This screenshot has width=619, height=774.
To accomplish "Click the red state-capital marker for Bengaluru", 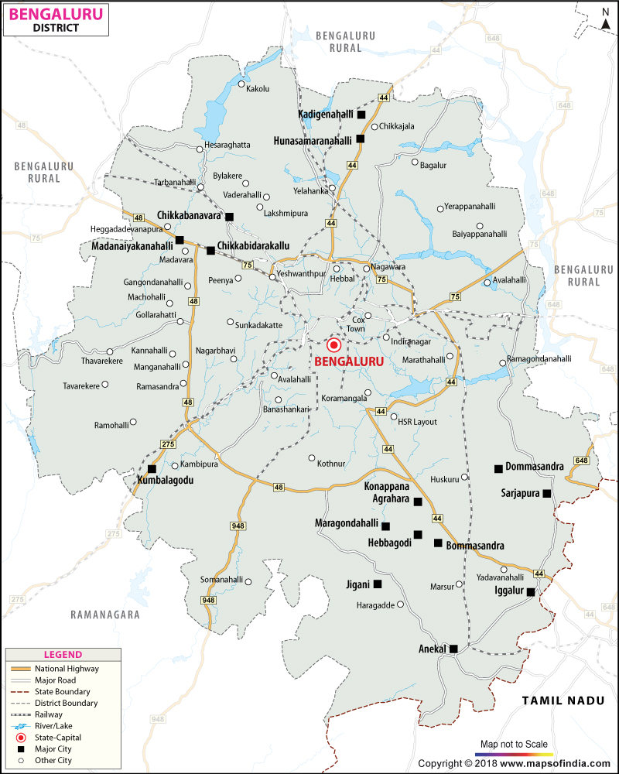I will pos(334,346).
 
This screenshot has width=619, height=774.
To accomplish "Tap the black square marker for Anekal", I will pos(454,649).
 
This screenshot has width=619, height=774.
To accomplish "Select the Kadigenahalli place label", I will pos(326,115).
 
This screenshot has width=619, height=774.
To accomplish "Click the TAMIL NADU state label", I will pos(561,700).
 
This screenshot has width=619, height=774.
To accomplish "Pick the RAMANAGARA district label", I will pos(105,615).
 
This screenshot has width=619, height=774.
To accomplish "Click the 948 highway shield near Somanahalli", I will pos(207,600).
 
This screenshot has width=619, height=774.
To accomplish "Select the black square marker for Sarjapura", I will pos(547,493).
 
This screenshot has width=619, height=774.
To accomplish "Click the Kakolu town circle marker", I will pos(241,84).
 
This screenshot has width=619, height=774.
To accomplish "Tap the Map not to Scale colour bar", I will pos(514,753).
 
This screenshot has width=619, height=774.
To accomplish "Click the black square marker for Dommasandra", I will pos(498,468).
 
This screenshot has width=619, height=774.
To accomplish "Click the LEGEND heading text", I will pos(63,655).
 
